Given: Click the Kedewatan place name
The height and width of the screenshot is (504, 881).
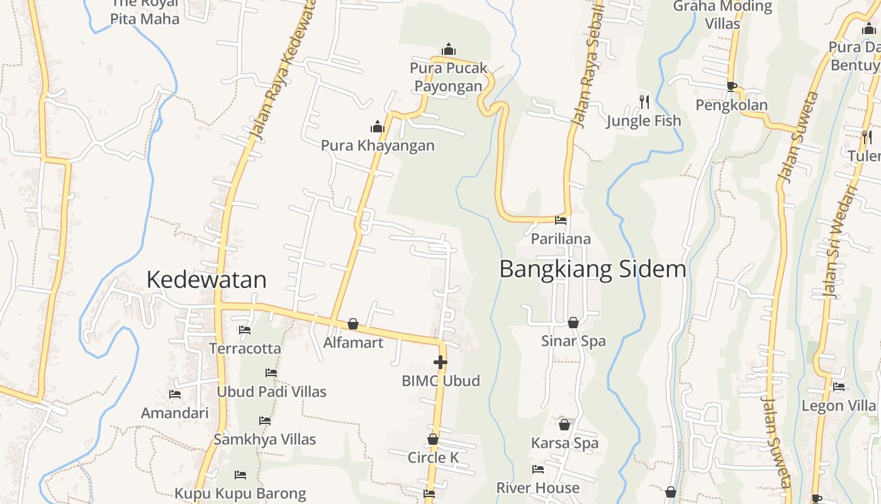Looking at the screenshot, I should (x=206, y=280).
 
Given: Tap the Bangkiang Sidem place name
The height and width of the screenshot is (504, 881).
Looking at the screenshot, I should (x=592, y=269).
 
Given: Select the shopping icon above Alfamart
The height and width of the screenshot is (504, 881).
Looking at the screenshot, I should (x=353, y=324).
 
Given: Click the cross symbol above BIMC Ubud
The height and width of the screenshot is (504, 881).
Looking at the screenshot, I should (x=441, y=362).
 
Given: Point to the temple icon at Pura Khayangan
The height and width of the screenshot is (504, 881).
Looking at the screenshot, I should (x=378, y=127).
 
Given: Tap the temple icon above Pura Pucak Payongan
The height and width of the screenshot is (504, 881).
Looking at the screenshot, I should (x=449, y=49).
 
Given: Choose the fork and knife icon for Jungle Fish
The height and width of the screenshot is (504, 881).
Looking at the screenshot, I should (x=644, y=101).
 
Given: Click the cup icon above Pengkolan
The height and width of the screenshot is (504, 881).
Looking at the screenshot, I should (x=731, y=86).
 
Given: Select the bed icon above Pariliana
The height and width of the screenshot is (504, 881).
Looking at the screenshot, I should (x=561, y=220).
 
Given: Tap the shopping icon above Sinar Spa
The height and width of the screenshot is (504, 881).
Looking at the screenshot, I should (x=573, y=323).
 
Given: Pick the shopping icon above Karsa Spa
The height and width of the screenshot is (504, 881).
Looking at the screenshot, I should (x=564, y=425).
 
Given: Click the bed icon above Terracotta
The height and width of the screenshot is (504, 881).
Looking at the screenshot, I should (x=245, y=329).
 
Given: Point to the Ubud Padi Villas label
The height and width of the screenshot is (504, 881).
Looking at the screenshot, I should (x=271, y=392).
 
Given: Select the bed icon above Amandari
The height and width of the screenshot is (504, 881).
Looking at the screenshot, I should (x=175, y=394).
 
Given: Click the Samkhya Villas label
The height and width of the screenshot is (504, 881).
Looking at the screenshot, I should (x=264, y=439).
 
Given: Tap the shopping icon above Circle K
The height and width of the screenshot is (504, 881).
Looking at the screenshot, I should (x=433, y=439).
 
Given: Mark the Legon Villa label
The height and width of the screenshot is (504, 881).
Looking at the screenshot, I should (x=839, y=406).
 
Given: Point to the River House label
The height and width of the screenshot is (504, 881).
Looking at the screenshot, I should (x=538, y=488).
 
